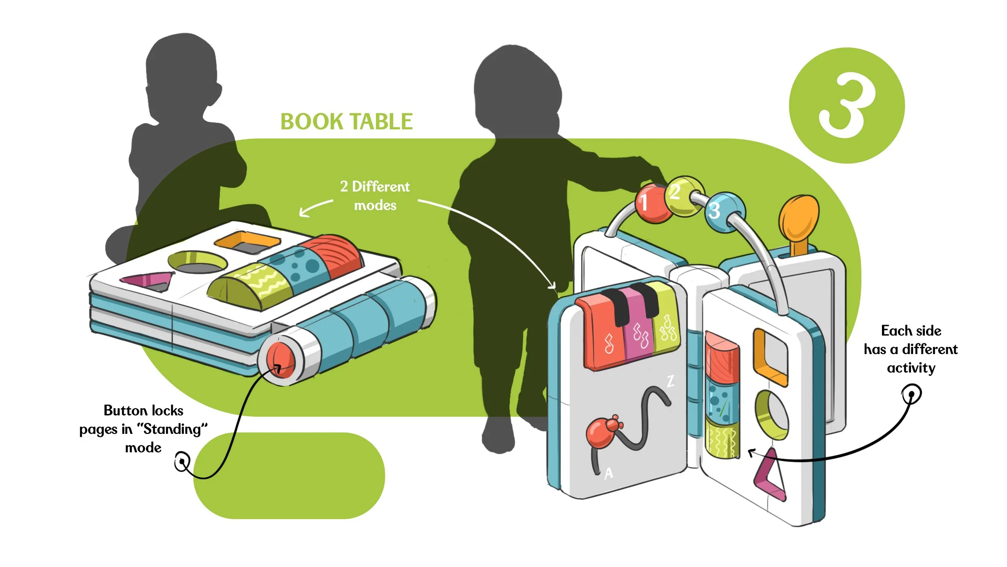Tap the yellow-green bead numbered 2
click(x=684, y=195)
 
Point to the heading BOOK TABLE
click(x=346, y=122)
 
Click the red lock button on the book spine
click(x=280, y=360)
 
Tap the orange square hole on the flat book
click(x=248, y=242)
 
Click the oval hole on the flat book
click(x=197, y=262)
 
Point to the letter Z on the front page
click(x=670, y=381)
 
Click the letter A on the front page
click(x=608, y=474)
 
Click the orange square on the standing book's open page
click(x=770, y=357)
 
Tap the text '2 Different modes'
click(x=375, y=196)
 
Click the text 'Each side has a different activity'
click(x=910, y=349)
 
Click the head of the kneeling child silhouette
click(x=183, y=76)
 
